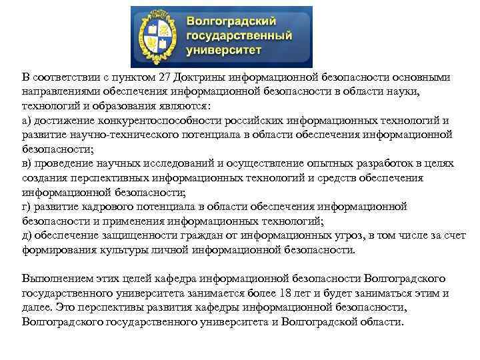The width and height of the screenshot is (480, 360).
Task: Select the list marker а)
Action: [27, 121]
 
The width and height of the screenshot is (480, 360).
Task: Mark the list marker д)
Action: [27, 236]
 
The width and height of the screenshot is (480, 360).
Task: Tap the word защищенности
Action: [133, 236]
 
